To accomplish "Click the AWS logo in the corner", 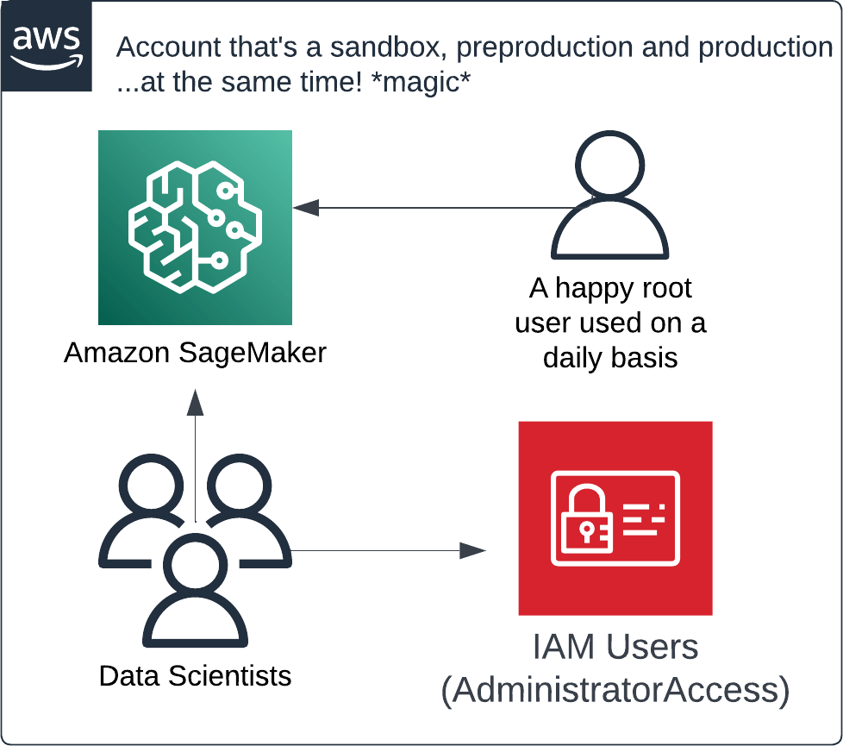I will [46, 44].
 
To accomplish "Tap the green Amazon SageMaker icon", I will [195, 228].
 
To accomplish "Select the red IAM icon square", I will [615, 517].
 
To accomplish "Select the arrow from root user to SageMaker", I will [431, 208].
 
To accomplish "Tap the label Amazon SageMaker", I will [195, 352].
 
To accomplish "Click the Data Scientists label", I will [195, 674].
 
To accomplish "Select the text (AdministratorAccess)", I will [615, 692].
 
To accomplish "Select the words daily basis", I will [610, 357].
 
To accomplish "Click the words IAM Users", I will [615, 647].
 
